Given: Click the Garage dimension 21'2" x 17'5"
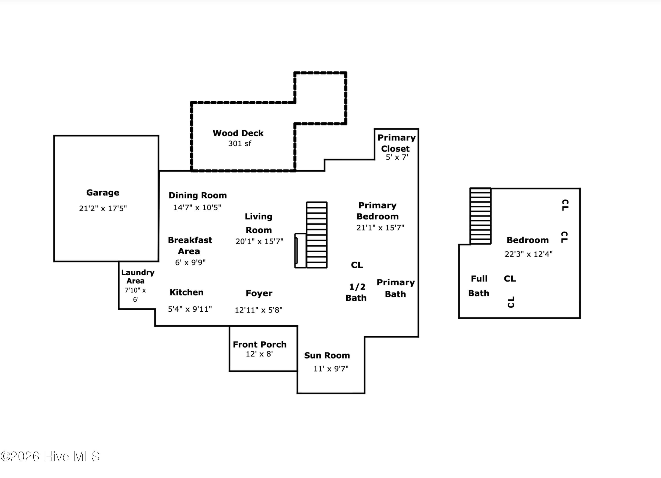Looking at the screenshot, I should coord(103,208).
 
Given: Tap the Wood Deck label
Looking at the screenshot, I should coord(238,133).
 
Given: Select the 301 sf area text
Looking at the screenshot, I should coord(240,143).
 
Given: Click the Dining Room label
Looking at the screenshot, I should coord(198,195).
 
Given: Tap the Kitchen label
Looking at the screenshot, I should coord(187,292).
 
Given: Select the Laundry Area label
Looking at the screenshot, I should coord(137,277).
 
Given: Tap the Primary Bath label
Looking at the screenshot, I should coord(395,288).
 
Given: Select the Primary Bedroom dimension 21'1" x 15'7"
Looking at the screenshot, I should coord(380,228).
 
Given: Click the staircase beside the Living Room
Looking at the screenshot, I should coord(317,235).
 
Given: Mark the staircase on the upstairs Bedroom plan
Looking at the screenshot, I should coord(481,216).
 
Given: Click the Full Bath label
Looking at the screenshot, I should coord(479,286).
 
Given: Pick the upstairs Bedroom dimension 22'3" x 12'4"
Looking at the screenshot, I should coord(529,254).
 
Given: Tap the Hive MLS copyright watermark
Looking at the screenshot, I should coord(50,456).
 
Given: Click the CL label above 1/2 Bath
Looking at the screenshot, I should coord(357,265).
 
